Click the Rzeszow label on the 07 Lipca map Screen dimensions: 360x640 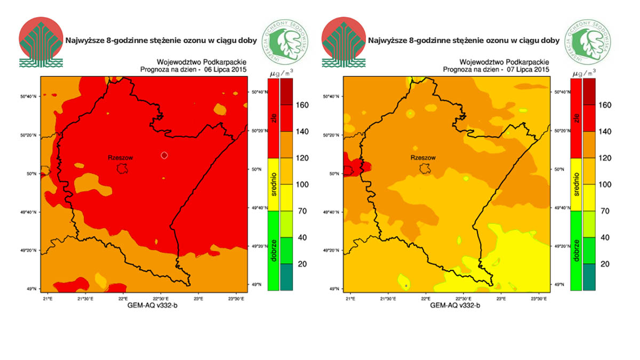[x=423, y=158]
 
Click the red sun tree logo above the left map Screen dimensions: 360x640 [x=41, y=42]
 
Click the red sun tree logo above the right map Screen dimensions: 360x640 [x=343, y=42]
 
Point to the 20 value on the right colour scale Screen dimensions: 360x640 [x=604, y=264]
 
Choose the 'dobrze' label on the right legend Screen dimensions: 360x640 [x=576, y=251]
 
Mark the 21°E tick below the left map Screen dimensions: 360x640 [x=48, y=298]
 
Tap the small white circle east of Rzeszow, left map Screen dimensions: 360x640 [x=164, y=155]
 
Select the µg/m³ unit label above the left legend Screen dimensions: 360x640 [x=280, y=73]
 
